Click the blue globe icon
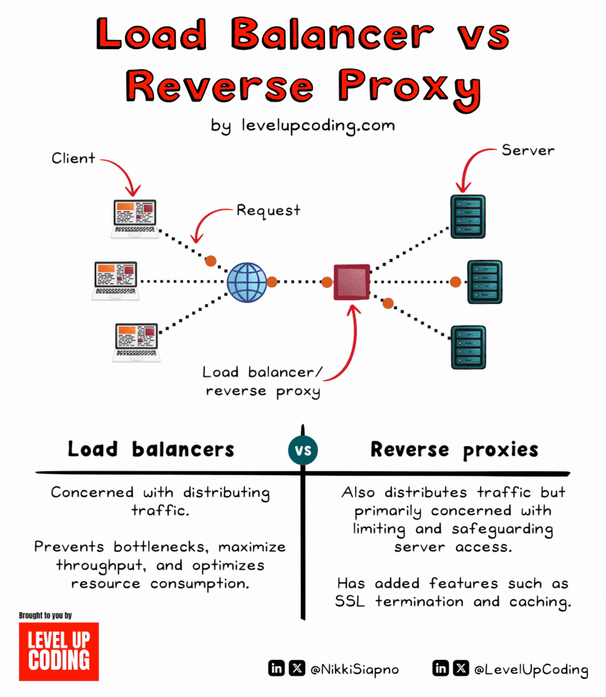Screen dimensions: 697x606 tap(247, 282)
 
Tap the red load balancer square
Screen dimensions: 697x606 tap(352, 282)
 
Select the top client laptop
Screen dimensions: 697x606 tap(135, 218)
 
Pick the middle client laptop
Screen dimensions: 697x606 tap(116, 281)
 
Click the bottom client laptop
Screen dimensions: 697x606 tap(136, 342)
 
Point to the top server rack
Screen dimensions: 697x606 tap(468, 217)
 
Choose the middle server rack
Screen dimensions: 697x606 tap(484, 282)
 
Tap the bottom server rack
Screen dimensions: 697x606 tap(468, 347)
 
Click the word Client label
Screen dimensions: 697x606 tap(73, 158)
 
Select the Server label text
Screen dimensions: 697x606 tap(528, 150)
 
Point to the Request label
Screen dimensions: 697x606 tap(268, 210)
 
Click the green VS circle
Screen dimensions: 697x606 tap(303, 451)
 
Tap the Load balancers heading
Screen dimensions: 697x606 tap(151, 449)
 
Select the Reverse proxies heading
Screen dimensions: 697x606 tap(454, 449)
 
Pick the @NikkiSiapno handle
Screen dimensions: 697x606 tap(355, 669)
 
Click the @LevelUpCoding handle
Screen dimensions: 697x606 tap(530, 669)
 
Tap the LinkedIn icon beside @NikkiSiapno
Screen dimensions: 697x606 tap(276, 668)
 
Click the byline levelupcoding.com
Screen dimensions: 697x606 tap(303, 126)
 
